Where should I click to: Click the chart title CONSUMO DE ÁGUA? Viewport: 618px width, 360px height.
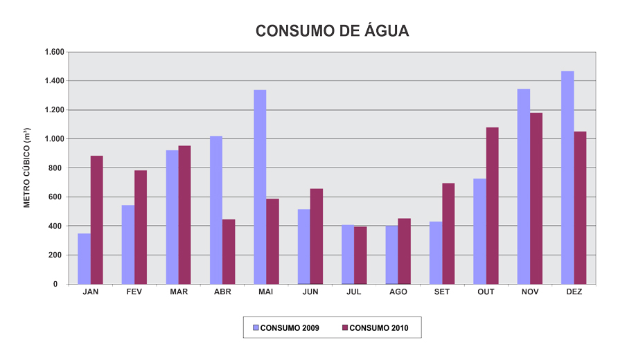click(332, 31)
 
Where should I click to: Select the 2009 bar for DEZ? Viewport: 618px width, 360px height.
click(567, 177)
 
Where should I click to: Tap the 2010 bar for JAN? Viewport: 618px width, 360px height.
click(96, 219)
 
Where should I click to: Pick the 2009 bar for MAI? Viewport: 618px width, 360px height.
click(260, 187)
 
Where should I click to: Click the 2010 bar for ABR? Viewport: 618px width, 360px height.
click(229, 251)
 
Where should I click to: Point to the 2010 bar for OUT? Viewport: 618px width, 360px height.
click(492, 206)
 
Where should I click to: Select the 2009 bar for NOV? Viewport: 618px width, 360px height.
click(524, 186)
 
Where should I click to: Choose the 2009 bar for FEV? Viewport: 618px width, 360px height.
click(127, 244)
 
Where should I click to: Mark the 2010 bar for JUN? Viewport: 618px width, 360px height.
click(317, 236)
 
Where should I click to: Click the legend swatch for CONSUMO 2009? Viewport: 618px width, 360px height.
click(255, 327)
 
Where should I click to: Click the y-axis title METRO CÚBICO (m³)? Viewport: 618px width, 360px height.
click(27, 168)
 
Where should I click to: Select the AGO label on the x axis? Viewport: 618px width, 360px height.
click(398, 292)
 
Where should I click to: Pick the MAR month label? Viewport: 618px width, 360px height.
click(179, 292)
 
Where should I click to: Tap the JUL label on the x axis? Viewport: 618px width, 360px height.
click(354, 292)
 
